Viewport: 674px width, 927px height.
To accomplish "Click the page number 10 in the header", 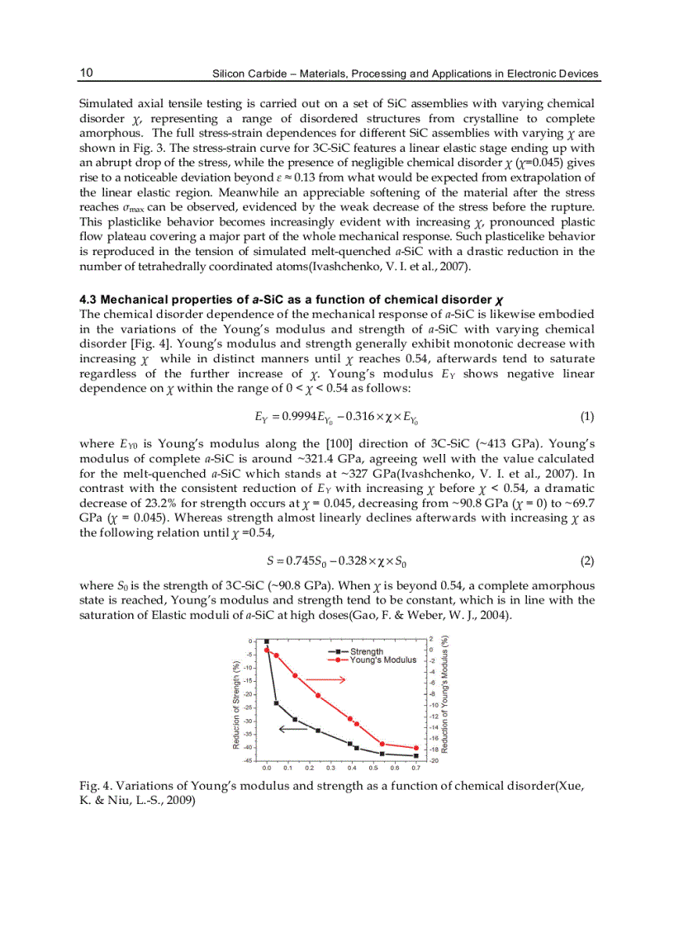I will coord(86,73).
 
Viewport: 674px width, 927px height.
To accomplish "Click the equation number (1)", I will coord(587,417).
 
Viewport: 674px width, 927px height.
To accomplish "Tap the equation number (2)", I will coord(587,560).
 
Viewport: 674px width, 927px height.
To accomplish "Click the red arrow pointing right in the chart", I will coord(330,679).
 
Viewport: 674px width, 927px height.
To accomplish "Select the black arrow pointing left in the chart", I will coord(293,728).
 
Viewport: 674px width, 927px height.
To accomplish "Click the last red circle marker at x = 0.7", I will coord(415,748).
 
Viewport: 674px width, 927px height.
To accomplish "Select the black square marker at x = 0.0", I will coord(266,641).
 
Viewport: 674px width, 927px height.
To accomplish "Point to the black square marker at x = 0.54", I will coord(382,754).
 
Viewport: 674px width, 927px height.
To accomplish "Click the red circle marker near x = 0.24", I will coord(318,695).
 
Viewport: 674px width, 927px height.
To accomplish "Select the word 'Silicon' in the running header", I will coord(232,73).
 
